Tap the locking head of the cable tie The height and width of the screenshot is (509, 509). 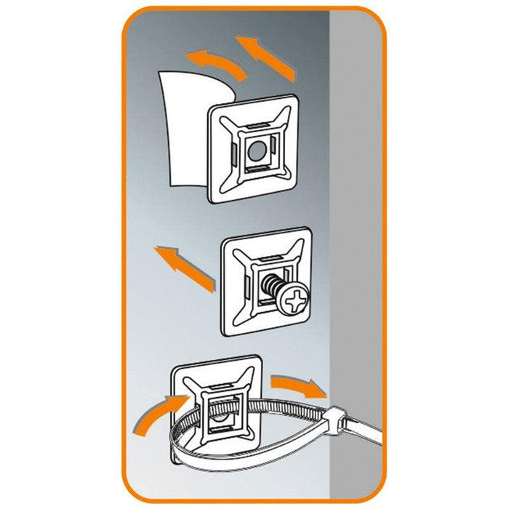point(335,421)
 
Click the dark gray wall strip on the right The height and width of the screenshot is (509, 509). point(356,218)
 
